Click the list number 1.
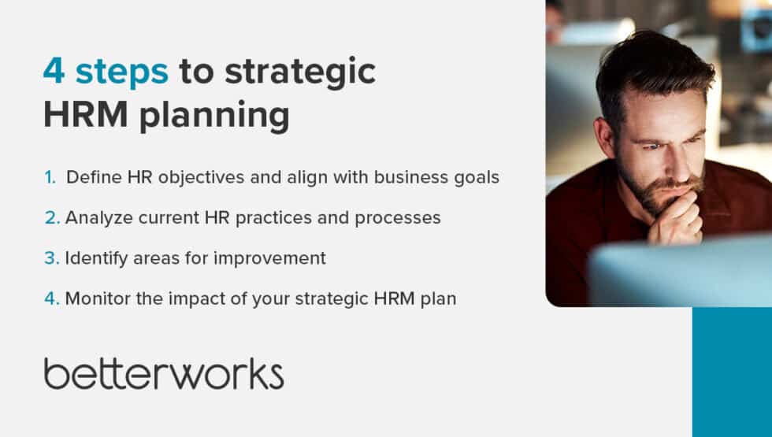(50, 177)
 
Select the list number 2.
(51, 218)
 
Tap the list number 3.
(51, 258)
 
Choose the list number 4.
(51, 298)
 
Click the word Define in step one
(89, 177)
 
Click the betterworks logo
(164, 373)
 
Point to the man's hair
(654, 67)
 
